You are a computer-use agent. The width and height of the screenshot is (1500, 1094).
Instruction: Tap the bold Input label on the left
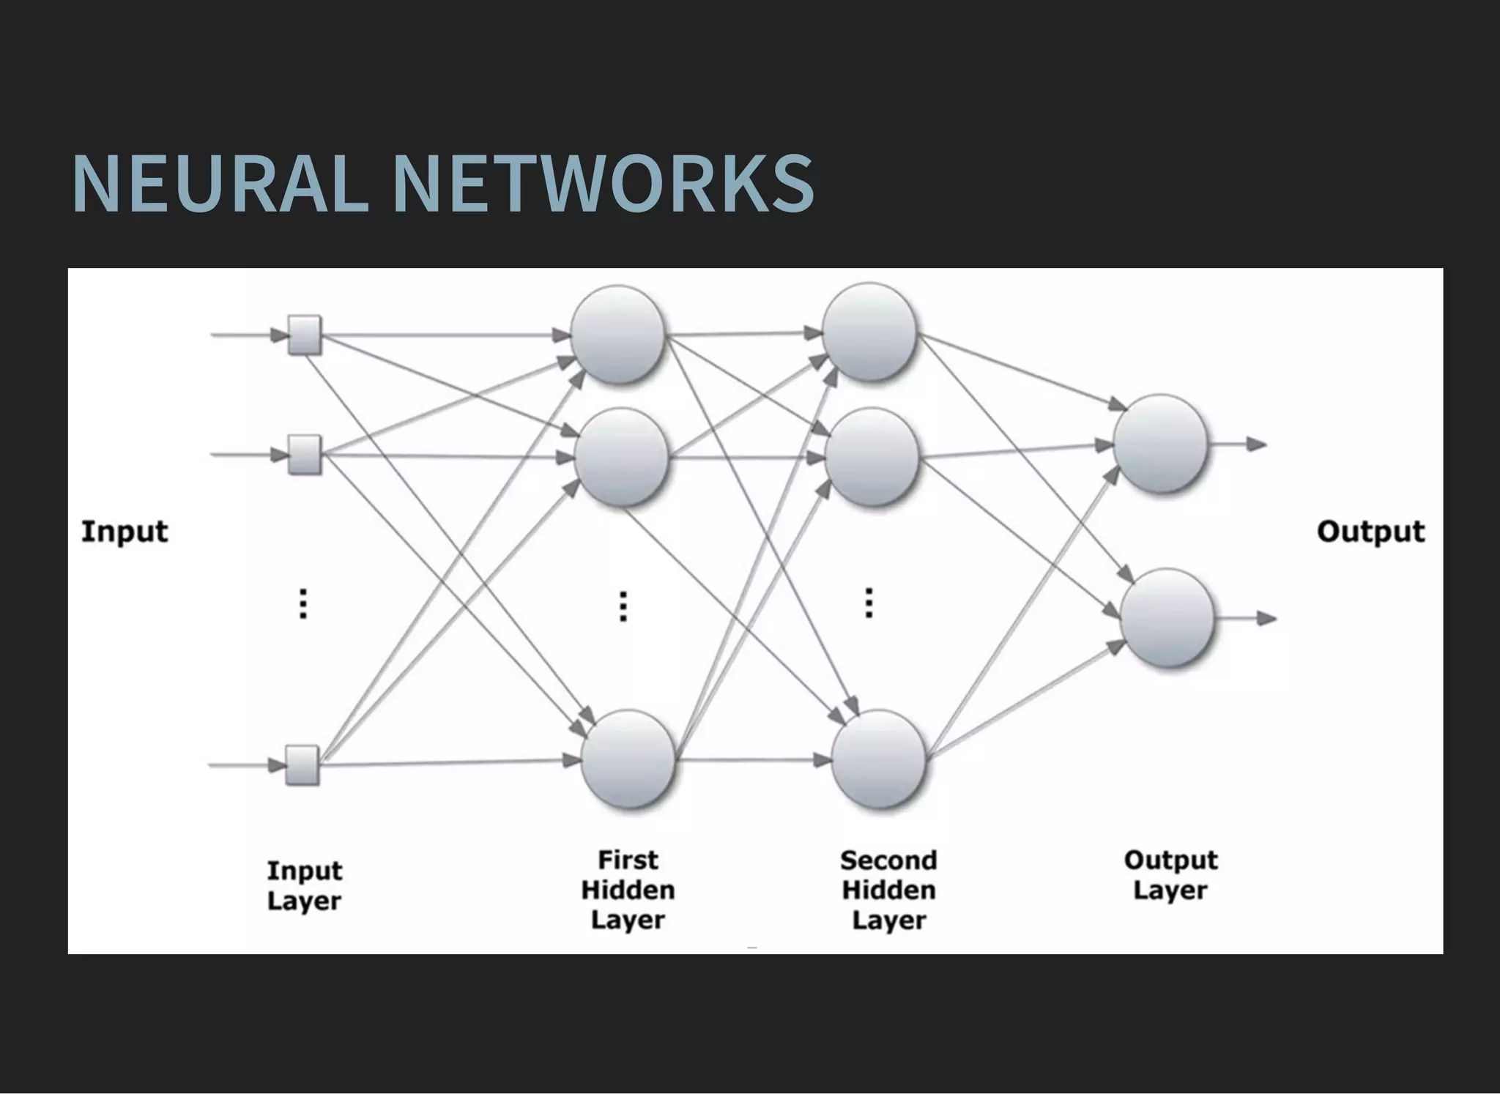[125, 531]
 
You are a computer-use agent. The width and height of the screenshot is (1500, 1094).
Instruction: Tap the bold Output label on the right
[1370, 531]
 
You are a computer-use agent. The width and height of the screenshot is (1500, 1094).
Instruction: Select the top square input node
[304, 335]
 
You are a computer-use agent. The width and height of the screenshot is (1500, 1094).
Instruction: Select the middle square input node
[304, 455]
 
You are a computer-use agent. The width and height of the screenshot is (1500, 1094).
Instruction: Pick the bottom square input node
[302, 765]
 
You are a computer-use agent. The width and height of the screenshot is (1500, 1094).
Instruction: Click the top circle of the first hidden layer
[618, 335]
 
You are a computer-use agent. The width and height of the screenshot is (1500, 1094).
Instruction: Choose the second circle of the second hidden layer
[872, 457]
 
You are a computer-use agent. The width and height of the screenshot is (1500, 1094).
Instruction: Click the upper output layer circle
[1161, 443]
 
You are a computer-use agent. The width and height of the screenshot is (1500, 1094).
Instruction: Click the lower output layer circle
[1167, 618]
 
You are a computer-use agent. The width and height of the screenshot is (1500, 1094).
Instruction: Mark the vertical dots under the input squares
[303, 604]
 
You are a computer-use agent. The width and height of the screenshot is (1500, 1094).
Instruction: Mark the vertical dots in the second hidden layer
[869, 603]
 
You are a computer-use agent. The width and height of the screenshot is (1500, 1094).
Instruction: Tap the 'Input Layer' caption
[304, 885]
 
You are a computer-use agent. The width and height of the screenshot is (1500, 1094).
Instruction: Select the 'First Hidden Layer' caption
[628, 889]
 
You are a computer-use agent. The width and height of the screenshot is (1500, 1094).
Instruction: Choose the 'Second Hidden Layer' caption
[888, 889]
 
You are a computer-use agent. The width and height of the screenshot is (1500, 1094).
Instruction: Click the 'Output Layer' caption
[1170, 874]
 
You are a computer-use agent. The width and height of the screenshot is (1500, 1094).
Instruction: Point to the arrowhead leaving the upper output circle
[1258, 444]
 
